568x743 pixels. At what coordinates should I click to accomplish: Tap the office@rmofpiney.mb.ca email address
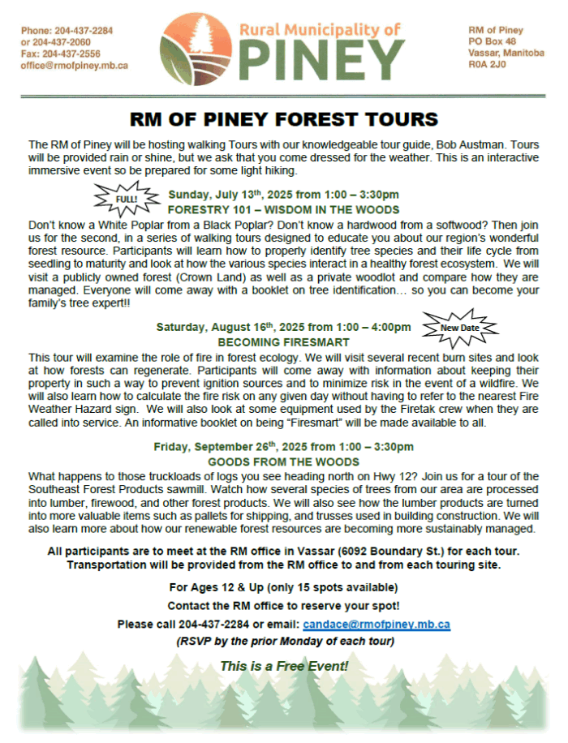coord(75,66)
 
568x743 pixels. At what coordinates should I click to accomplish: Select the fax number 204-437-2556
coord(71,54)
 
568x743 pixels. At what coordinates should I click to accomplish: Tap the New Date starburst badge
coord(458,328)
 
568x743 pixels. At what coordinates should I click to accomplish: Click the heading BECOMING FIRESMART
coord(283,342)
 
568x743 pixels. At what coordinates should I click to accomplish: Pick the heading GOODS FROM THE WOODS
coord(283,462)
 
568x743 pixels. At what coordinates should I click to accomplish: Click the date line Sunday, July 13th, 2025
coord(283,195)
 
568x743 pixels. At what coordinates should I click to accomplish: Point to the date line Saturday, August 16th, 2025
coord(283,328)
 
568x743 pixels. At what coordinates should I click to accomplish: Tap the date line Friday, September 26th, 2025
coord(283,447)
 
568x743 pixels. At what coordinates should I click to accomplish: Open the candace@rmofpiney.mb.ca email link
coord(376,625)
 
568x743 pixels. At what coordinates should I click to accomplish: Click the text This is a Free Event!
coord(283,666)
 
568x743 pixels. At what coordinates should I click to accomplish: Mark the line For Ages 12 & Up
coord(283,586)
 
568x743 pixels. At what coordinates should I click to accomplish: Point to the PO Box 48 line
coord(492,42)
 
